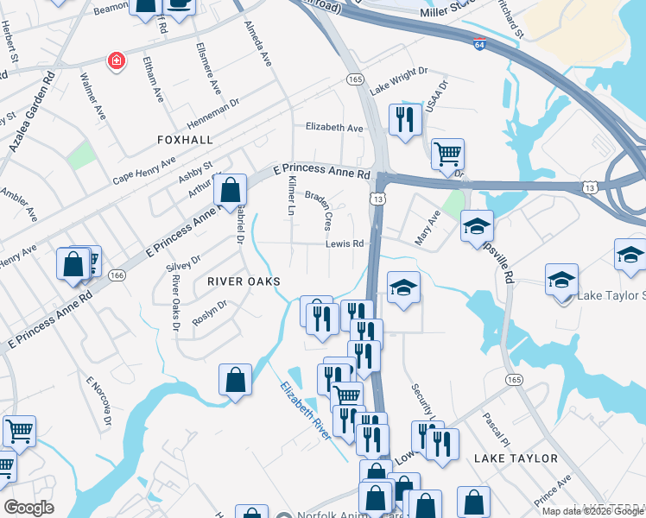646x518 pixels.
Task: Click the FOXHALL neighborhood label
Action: (x=185, y=139)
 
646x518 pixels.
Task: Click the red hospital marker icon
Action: (x=114, y=60)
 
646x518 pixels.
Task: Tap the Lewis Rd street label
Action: (x=345, y=244)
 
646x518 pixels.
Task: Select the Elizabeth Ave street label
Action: (x=334, y=128)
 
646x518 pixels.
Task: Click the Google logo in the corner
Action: (x=28, y=508)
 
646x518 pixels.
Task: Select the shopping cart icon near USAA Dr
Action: (x=447, y=154)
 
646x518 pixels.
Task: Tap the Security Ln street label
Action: (x=420, y=404)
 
